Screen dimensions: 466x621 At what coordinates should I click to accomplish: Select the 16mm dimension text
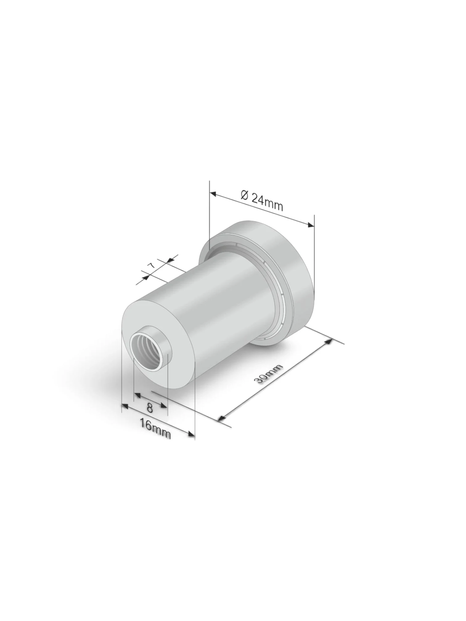click(x=155, y=428)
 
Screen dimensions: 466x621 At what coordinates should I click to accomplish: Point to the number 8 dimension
click(x=150, y=408)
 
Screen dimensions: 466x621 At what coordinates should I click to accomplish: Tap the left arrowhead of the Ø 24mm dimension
click(x=214, y=194)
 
